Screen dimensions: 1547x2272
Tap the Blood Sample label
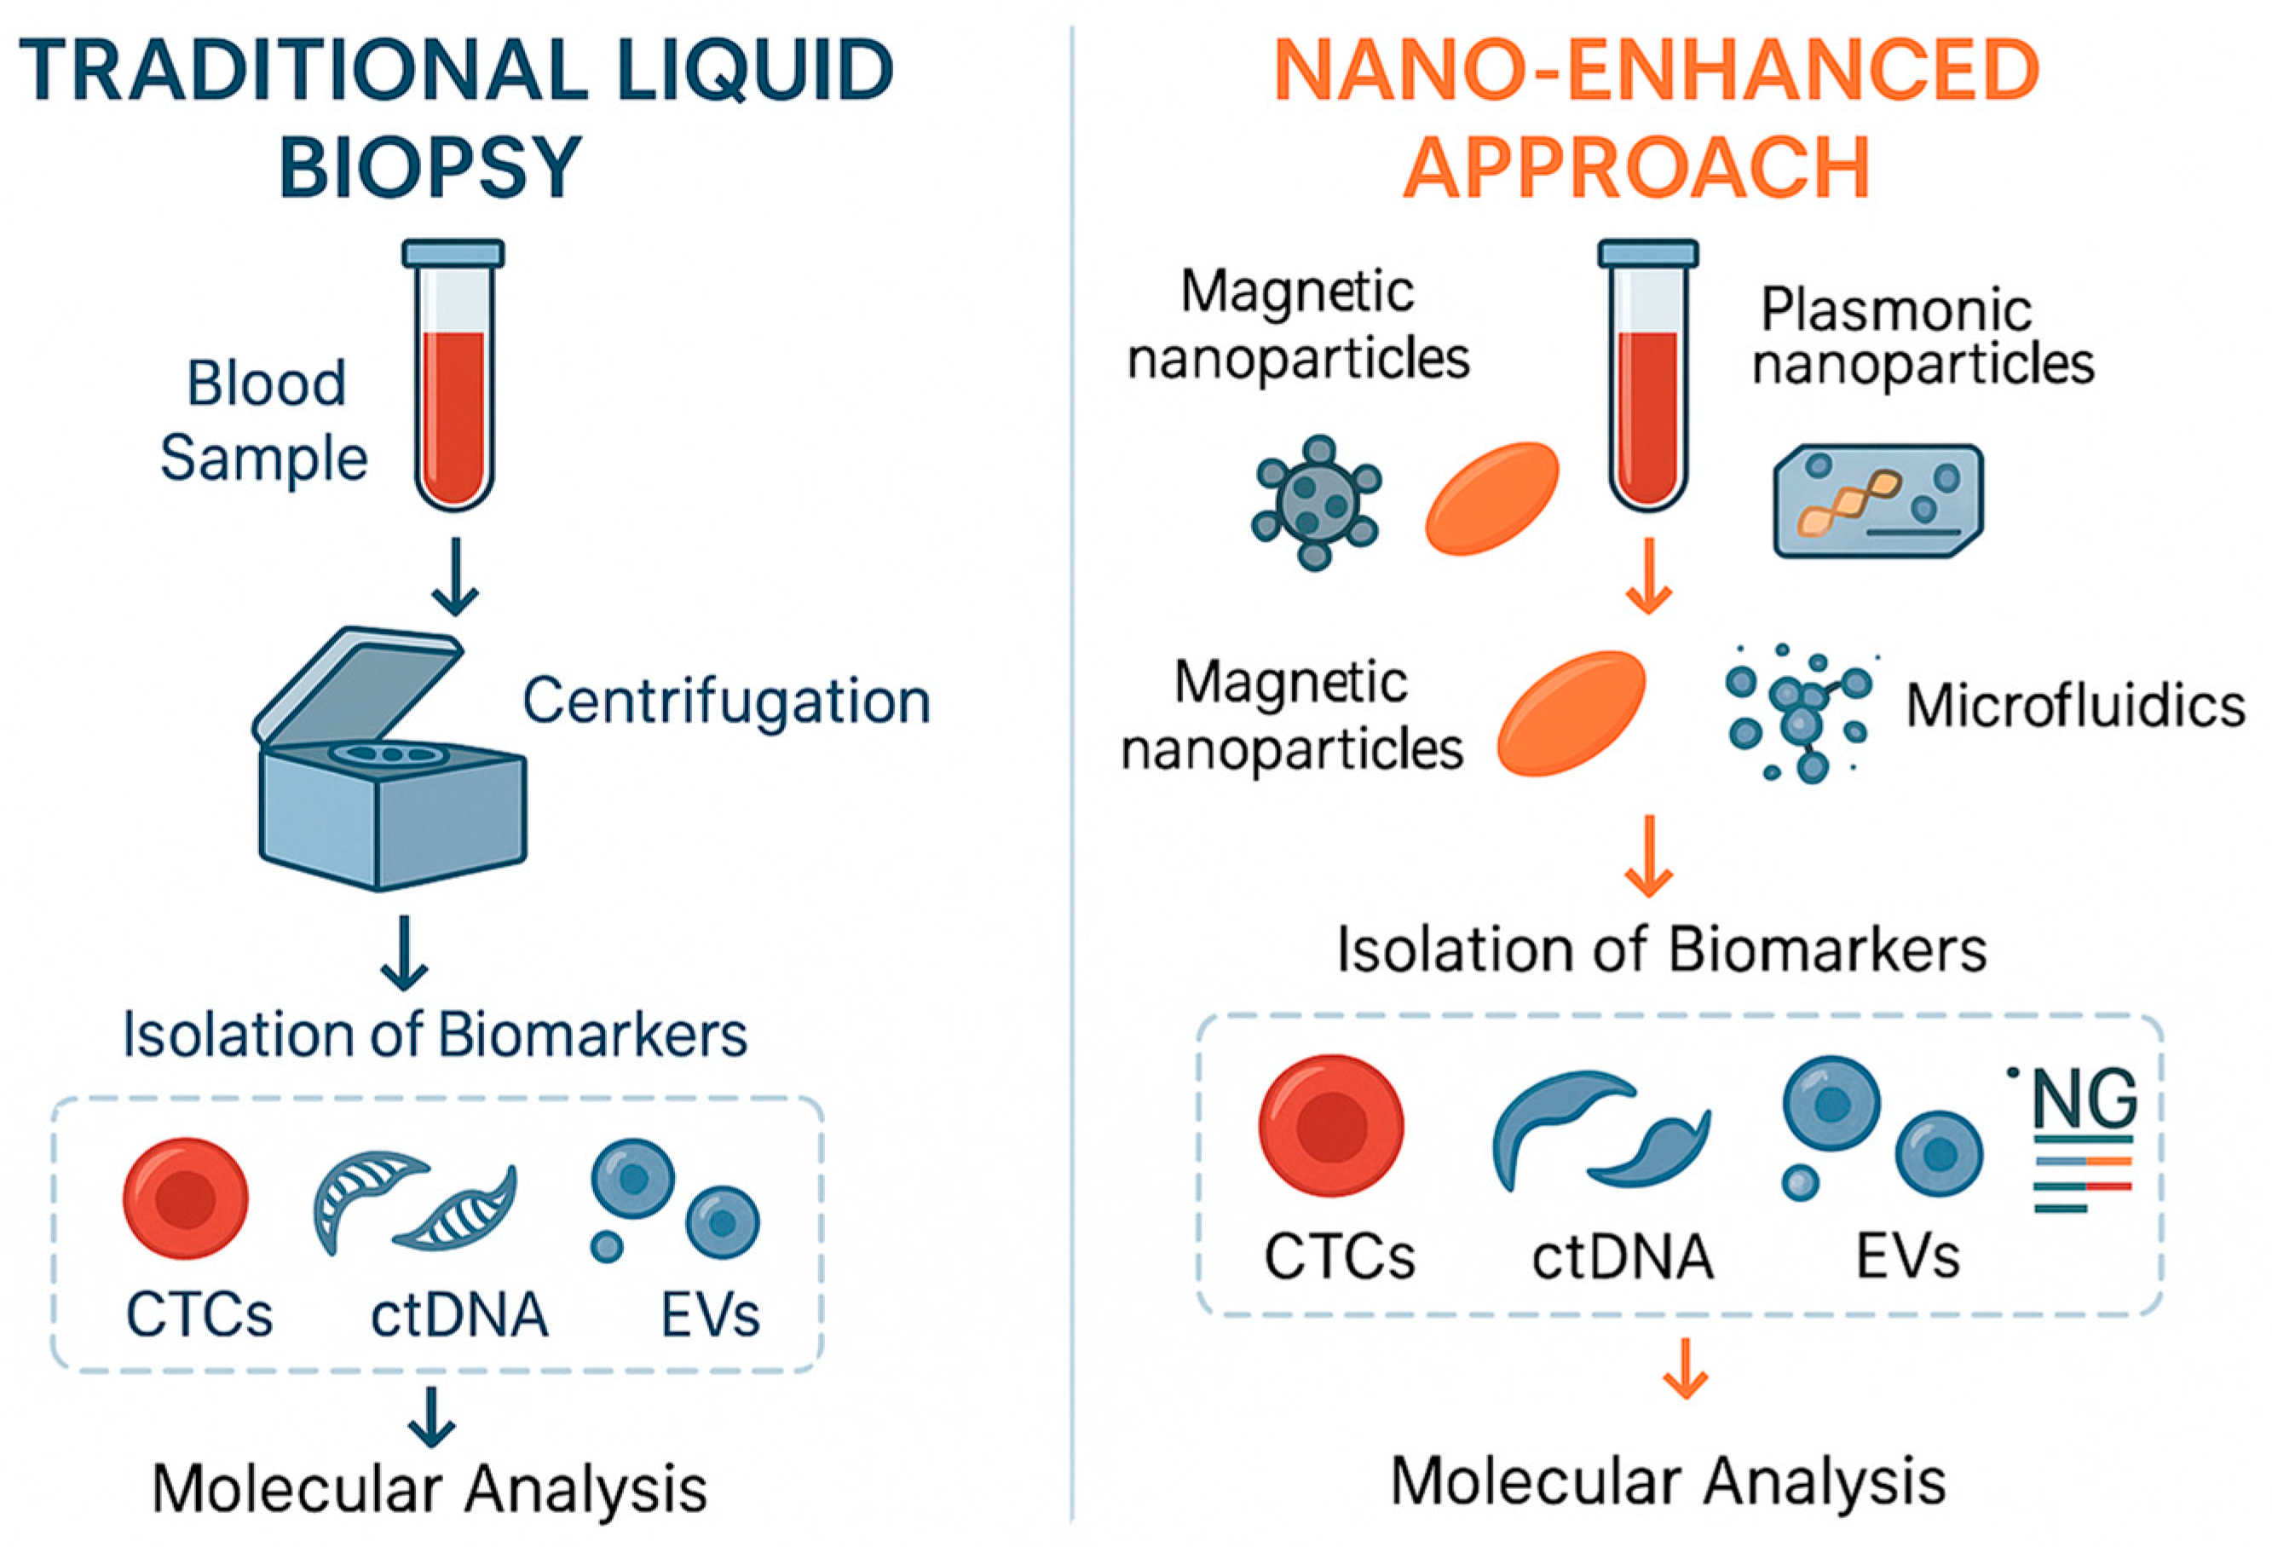(264, 420)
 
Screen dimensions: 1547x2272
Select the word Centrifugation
(725, 701)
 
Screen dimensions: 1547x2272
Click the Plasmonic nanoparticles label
(1922, 338)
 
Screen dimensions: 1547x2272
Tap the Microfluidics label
(2074, 706)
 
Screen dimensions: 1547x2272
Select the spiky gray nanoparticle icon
(1315, 502)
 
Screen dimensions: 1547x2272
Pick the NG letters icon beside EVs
(2084, 1100)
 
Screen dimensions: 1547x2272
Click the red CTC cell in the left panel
(186, 1197)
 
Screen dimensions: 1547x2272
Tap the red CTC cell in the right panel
(1330, 1126)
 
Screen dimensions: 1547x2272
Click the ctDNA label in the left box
(458, 1315)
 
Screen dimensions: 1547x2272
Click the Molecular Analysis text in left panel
(430, 1488)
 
